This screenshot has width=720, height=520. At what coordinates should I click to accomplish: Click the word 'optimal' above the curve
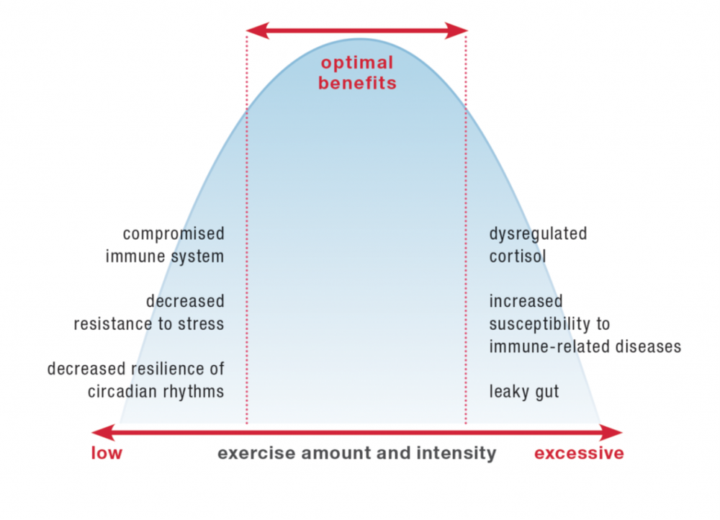[357, 63]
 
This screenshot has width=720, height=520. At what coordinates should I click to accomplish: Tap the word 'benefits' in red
[357, 83]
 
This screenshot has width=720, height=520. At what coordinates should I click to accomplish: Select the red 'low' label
[107, 453]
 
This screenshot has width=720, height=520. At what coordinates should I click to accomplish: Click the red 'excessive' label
[579, 453]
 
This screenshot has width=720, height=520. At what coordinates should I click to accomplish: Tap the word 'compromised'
[173, 234]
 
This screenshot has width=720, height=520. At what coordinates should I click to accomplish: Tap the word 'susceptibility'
[549, 324]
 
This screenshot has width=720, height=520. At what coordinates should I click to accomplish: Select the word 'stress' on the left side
[202, 324]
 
